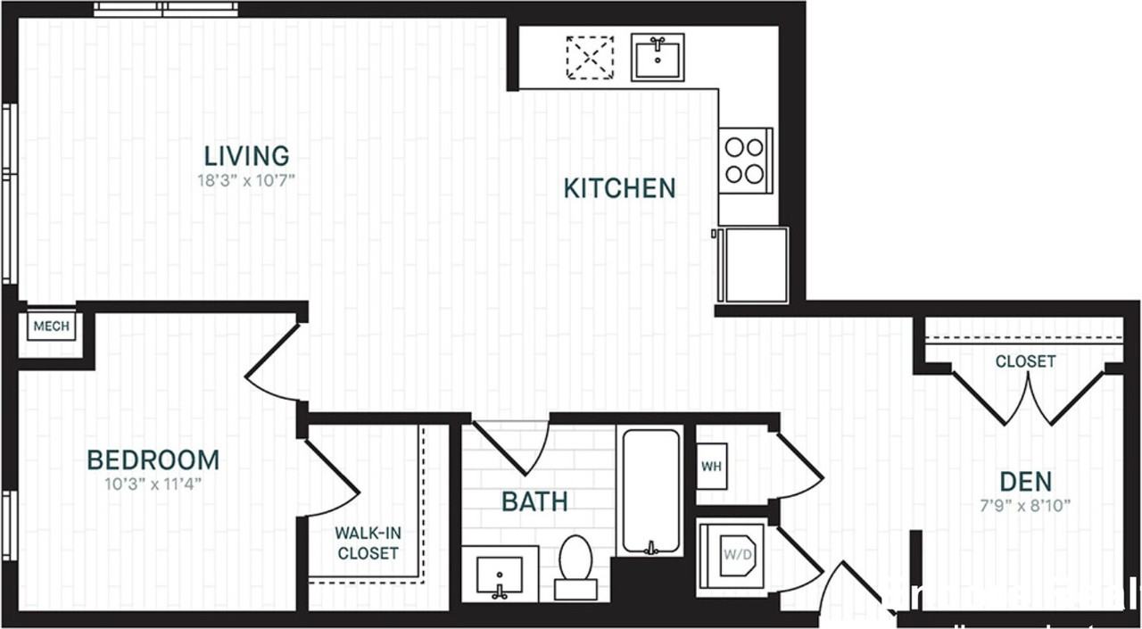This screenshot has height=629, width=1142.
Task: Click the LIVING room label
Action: [246, 156]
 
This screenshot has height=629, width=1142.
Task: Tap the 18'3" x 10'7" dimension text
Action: [246, 180]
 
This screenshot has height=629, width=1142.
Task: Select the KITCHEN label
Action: [619, 188]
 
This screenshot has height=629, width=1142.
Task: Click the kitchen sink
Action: [658, 57]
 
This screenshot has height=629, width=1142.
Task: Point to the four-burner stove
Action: [745, 161]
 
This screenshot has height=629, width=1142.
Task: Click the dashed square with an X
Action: [590, 58]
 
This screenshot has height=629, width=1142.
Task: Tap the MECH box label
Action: [51, 327]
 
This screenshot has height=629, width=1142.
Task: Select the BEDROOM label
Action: [153, 460]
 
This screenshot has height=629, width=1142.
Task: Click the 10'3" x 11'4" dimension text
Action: [153, 484]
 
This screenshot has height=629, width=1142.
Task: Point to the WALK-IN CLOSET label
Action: [368, 542]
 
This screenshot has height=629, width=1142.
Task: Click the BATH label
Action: [534, 501]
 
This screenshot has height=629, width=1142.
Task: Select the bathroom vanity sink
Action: [500, 574]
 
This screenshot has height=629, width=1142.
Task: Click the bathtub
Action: [651, 490]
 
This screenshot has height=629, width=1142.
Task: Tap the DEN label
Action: [1025, 482]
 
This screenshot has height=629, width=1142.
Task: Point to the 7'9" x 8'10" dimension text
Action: [1025, 505]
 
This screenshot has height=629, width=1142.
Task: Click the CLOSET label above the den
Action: [1025, 361]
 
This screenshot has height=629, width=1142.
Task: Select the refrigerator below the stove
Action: [755, 265]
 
